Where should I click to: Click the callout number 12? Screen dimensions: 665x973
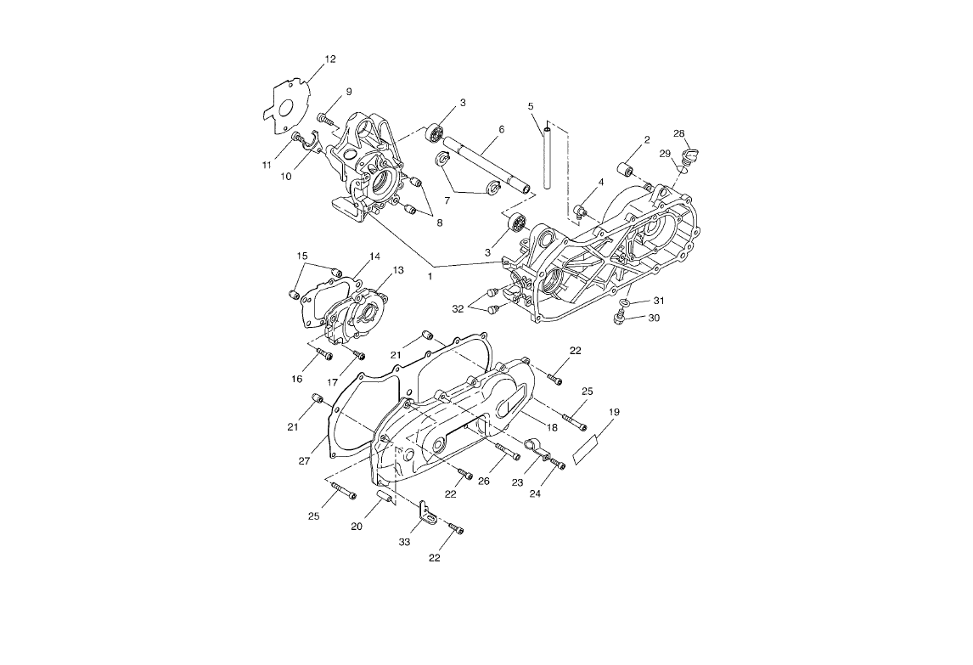[330, 59]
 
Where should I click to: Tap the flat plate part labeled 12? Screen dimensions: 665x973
[283, 103]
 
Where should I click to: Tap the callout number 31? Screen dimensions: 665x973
[659, 301]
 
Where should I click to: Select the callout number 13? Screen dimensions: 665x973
[397, 270]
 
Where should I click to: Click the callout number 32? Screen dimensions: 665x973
[458, 309]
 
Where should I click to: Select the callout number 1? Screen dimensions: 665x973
[431, 276]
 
